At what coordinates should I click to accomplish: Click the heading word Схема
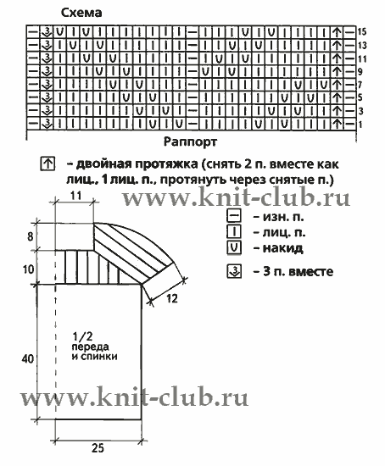pyautogui.click(x=81, y=13)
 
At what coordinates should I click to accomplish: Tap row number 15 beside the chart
pyautogui.click(x=362, y=32)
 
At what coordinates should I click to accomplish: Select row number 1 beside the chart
pyautogui.click(x=360, y=125)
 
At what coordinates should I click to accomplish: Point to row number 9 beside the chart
pyautogui.click(x=360, y=71)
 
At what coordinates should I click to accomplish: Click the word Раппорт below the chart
pyautogui.click(x=190, y=141)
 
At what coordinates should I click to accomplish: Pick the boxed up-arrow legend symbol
pyautogui.click(x=47, y=164)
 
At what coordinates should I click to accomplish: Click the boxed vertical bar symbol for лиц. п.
pyautogui.click(x=234, y=231)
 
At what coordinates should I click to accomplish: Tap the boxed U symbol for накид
pyautogui.click(x=234, y=248)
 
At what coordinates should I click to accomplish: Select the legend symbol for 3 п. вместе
pyautogui.click(x=234, y=271)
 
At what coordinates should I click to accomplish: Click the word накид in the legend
pyautogui.click(x=282, y=248)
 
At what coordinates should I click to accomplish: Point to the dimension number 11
pyautogui.click(x=75, y=196)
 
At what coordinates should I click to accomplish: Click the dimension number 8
pyautogui.click(x=30, y=237)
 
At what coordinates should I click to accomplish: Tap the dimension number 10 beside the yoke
pyautogui.click(x=28, y=269)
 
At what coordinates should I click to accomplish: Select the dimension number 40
pyautogui.click(x=28, y=359)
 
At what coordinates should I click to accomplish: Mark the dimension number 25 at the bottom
pyautogui.click(x=98, y=448)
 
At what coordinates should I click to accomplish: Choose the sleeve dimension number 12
pyautogui.click(x=171, y=298)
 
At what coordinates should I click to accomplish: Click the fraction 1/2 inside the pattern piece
pyautogui.click(x=82, y=336)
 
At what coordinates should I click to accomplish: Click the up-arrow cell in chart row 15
pyautogui.click(x=337, y=32)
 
